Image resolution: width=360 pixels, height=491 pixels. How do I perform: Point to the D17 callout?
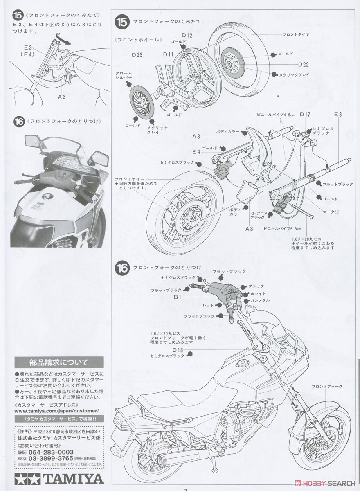coord(306,115)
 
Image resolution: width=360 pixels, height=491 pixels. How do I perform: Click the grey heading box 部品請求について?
coord(59,362)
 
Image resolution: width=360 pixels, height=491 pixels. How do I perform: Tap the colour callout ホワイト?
coord(257,294)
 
